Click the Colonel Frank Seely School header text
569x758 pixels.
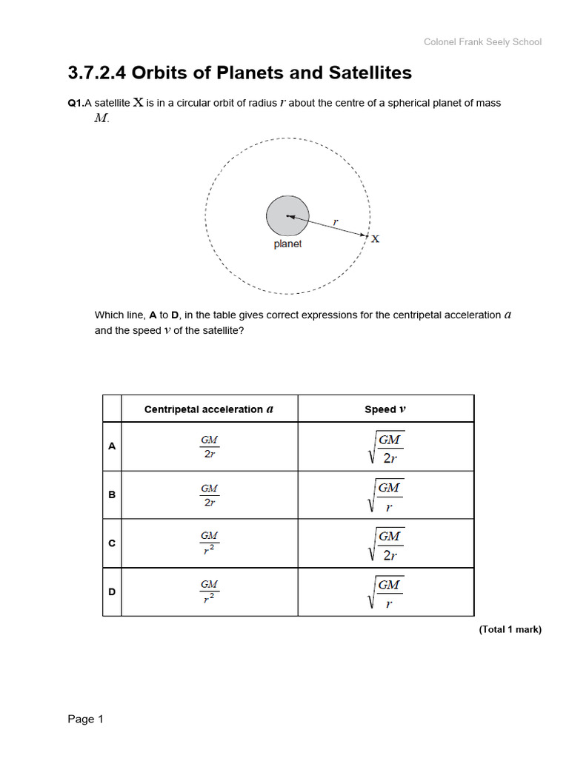482,41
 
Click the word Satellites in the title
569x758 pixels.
367,73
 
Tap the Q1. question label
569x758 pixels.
76,104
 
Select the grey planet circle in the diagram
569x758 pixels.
287,216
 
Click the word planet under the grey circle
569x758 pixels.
287,244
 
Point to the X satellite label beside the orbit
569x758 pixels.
375,238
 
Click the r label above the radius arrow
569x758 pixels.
335,221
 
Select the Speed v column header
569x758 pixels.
385,409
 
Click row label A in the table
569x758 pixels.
112,446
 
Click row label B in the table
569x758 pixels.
112,494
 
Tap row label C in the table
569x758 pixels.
112,543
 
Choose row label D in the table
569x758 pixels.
112,592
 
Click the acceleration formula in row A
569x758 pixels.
210,446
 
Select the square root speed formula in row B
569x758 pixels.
386,495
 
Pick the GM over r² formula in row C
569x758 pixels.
210,543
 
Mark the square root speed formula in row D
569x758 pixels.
386,592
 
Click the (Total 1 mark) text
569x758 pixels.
510,630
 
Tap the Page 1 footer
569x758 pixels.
86,720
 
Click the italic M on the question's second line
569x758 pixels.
102,118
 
